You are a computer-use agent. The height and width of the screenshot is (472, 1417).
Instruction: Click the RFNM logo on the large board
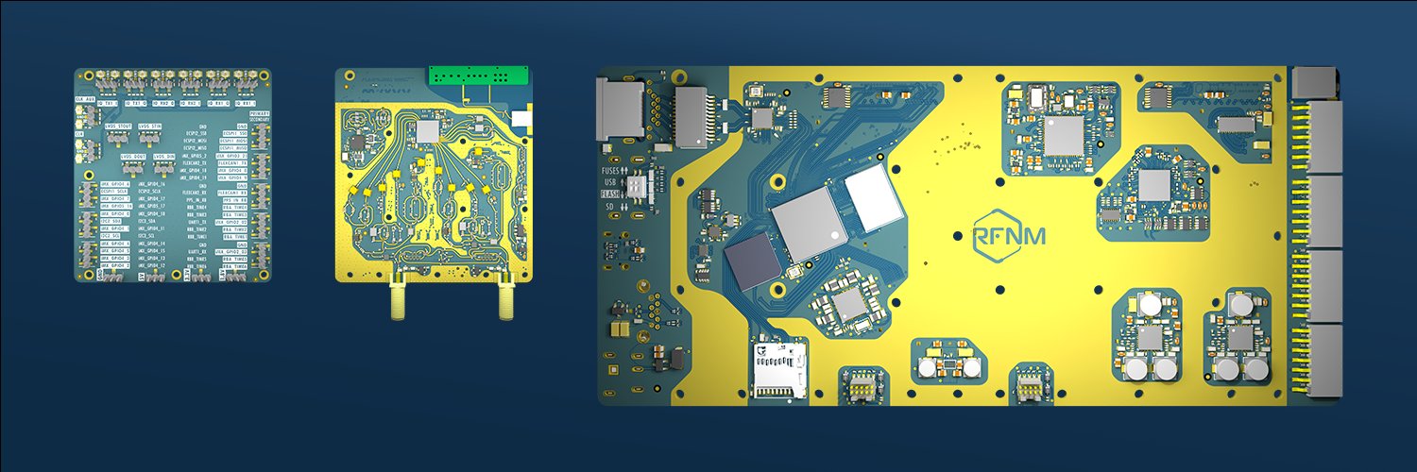[x=1009, y=234]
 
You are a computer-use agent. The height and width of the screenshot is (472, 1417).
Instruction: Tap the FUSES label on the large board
[x=611, y=171]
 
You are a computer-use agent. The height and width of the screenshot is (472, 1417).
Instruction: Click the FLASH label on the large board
[x=611, y=194]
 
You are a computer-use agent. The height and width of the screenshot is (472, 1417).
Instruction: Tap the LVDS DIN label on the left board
[x=163, y=157]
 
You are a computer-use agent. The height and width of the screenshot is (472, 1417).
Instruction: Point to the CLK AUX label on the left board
[x=86, y=99]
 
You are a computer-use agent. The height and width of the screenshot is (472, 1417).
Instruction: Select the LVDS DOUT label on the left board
[x=133, y=157]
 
